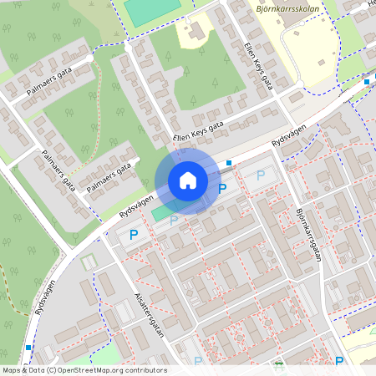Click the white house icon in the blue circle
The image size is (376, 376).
[x=188, y=180]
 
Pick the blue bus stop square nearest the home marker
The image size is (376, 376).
[x=229, y=163]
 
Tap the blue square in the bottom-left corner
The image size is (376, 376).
[x=28, y=347]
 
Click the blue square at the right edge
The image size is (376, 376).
[x=366, y=82]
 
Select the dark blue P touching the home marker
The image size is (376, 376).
[x=221, y=189]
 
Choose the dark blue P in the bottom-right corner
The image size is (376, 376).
[x=339, y=361]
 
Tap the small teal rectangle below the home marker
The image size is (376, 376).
[x=159, y=215]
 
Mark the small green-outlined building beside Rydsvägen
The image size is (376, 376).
[x=89, y=262]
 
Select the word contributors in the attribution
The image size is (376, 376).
[x=141, y=370]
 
